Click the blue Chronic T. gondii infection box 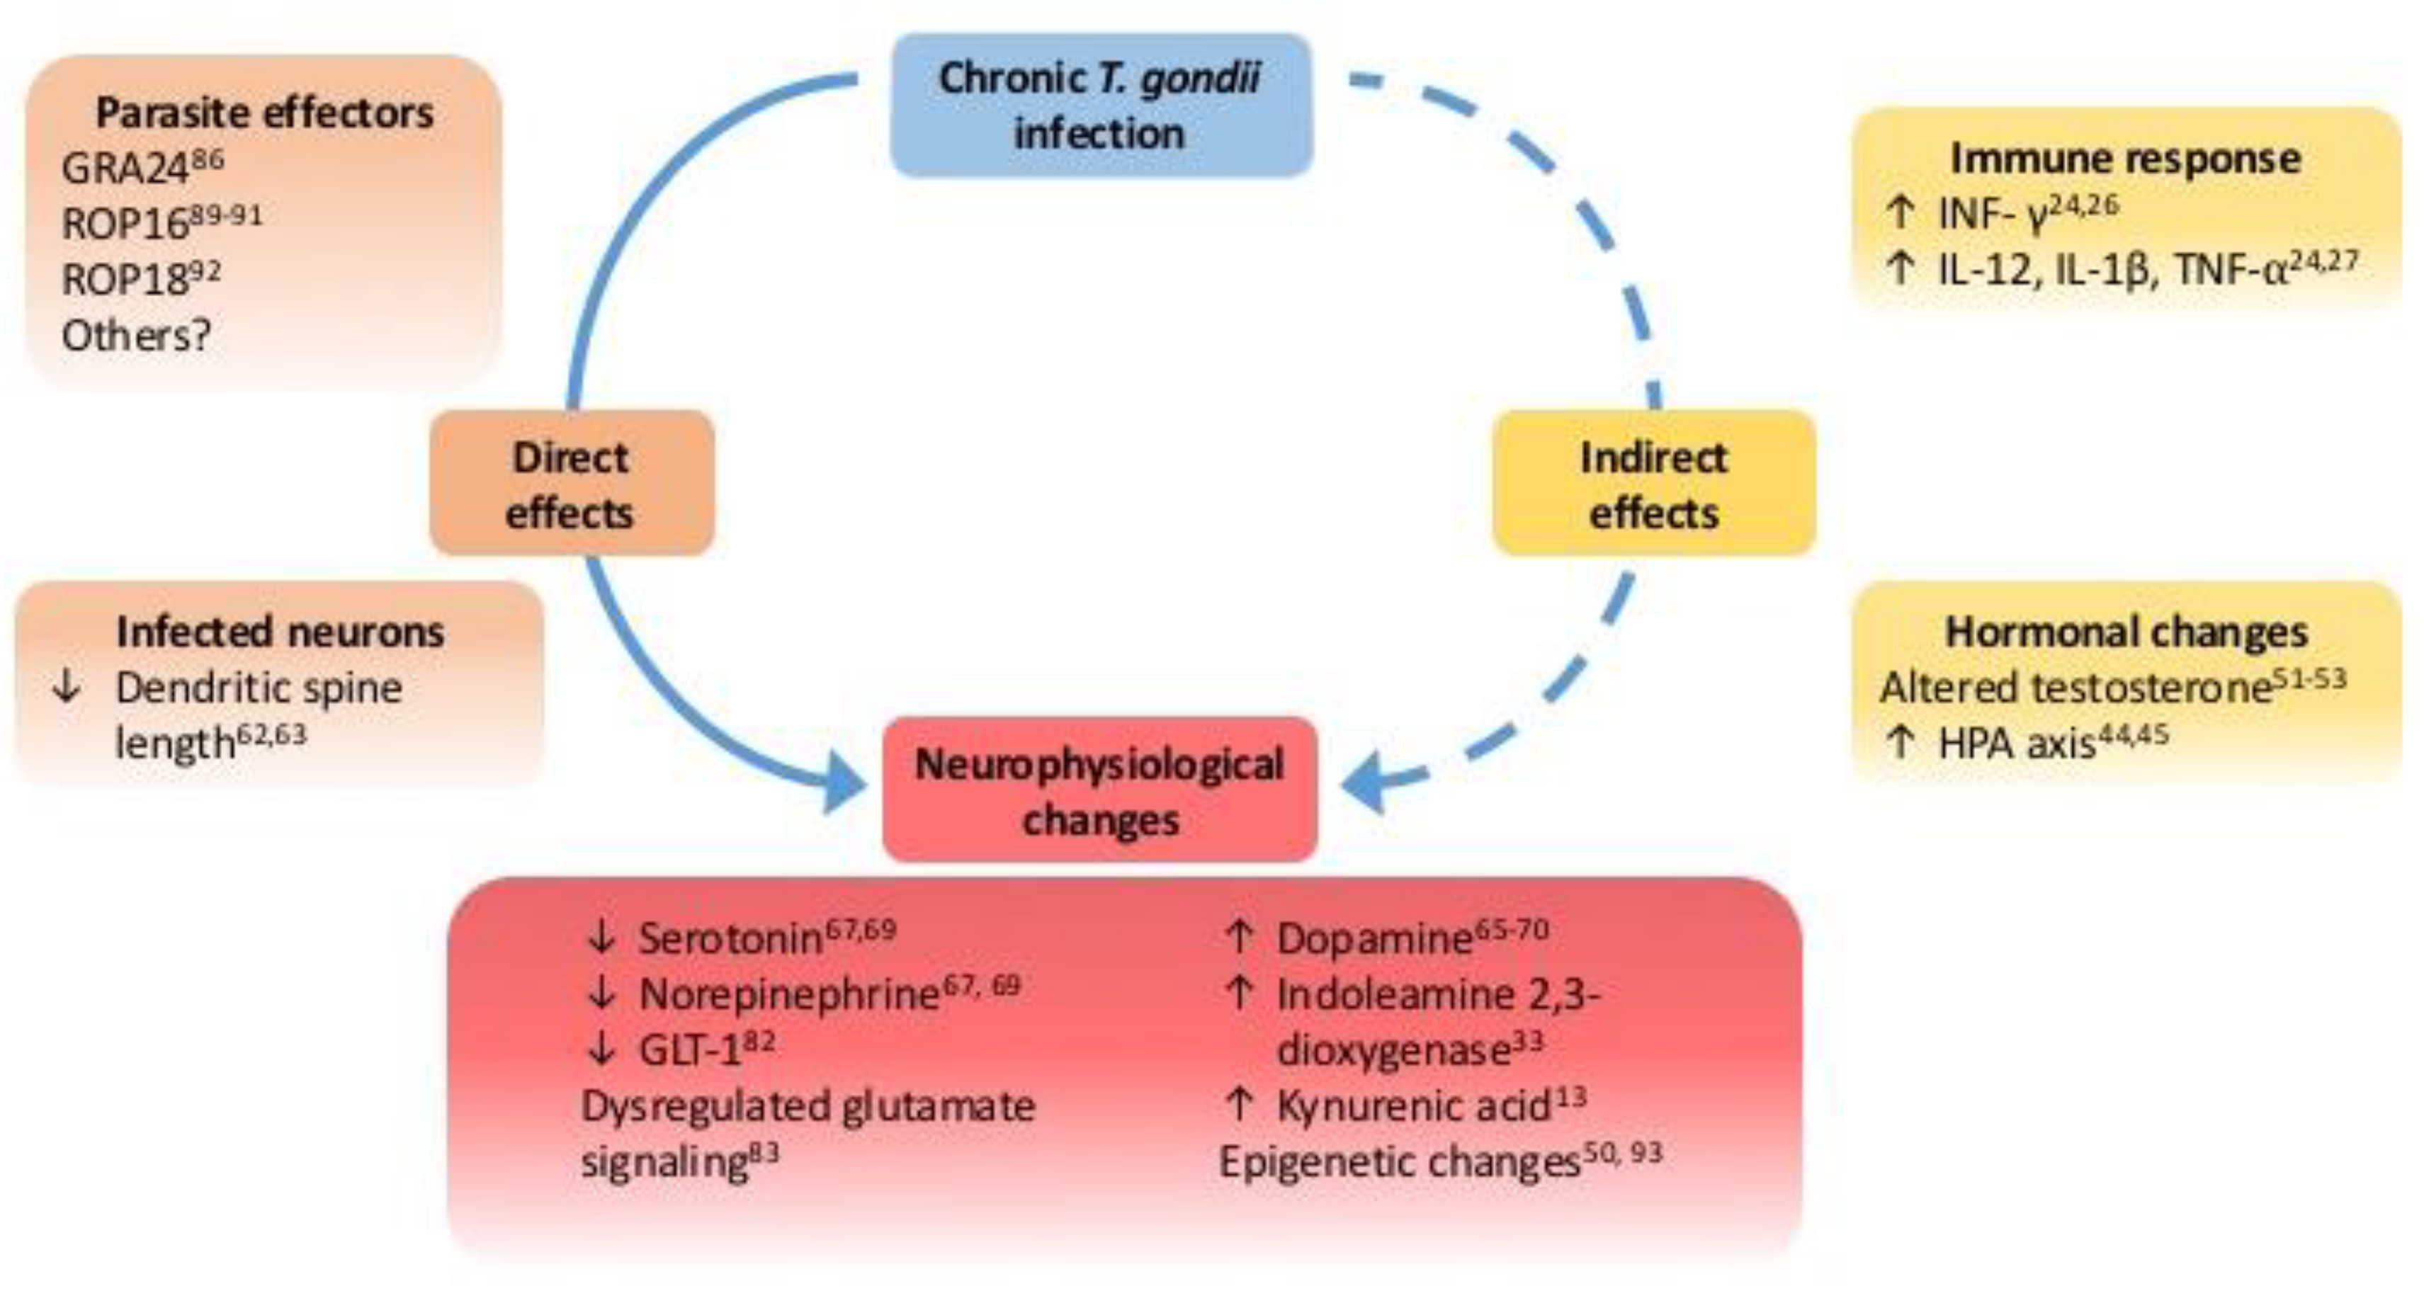(1100, 106)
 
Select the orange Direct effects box (571, 483)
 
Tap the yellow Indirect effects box (1653, 483)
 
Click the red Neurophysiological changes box (1099, 790)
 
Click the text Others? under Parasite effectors (135, 335)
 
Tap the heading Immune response (2125, 158)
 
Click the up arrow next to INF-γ (1900, 212)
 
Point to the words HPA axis (2017, 744)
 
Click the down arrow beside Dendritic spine (66, 688)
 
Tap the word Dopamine (1373, 938)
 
